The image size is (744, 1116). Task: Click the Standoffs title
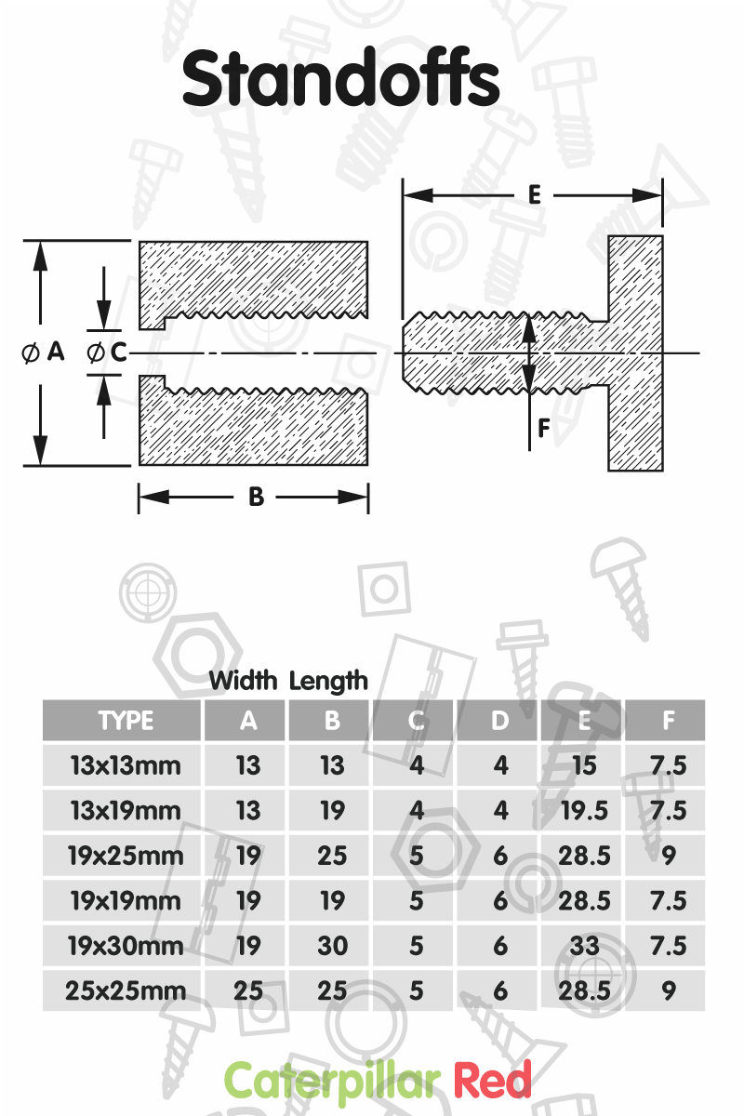(341, 78)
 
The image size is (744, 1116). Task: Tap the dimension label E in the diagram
(534, 194)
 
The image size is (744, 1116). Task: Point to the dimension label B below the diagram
(256, 497)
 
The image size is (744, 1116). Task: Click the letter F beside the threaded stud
(544, 428)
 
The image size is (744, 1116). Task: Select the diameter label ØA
(44, 352)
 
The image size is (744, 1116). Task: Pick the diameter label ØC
(107, 352)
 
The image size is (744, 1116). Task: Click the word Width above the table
(243, 680)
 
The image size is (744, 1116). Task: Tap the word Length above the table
(328, 681)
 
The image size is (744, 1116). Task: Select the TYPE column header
(126, 721)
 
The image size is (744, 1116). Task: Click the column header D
(500, 721)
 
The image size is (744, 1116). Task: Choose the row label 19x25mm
(126, 856)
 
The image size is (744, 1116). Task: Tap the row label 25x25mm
(126, 991)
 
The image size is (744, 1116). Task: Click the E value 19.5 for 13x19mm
(584, 811)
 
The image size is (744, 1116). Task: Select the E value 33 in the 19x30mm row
(584, 946)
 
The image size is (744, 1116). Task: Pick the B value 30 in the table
(332, 946)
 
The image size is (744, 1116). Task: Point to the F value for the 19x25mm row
(669, 856)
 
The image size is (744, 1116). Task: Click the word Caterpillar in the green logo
(332, 1080)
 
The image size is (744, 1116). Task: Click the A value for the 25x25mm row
(248, 991)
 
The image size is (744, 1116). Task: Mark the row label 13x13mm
(126, 765)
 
